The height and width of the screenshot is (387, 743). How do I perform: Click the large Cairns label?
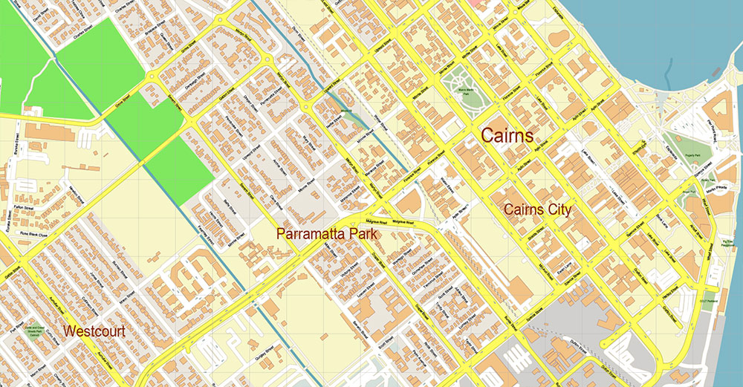click(507, 135)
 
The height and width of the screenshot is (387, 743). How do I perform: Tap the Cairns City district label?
click(537, 209)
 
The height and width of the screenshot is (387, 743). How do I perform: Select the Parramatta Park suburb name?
click(327, 233)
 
